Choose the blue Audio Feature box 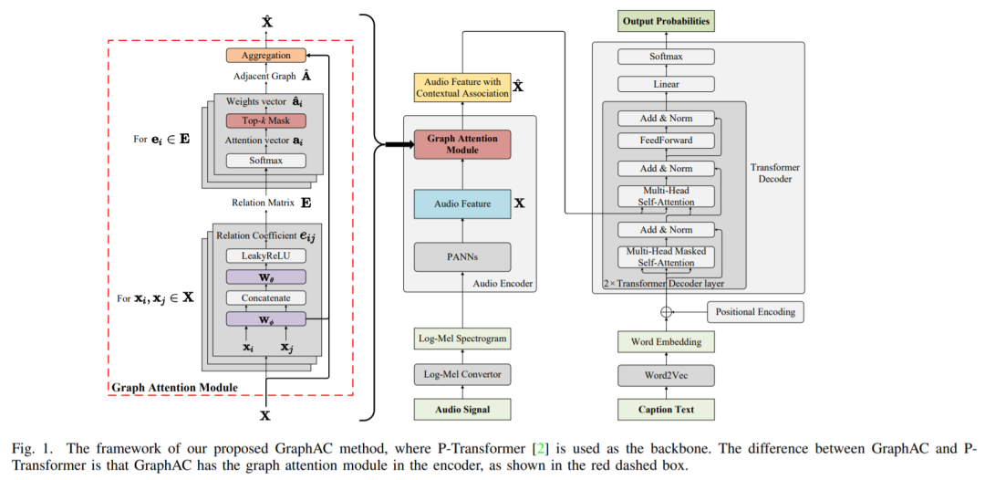click(460, 204)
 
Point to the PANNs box click(460, 256)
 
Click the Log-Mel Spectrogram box click(460, 339)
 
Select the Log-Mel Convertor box click(460, 374)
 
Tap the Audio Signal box click(460, 410)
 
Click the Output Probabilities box click(666, 21)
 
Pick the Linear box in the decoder click(666, 85)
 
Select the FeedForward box click(666, 140)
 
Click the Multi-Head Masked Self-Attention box click(666, 256)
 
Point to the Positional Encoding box click(754, 311)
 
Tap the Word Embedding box click(666, 342)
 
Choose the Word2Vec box click(666, 375)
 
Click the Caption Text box click(666, 410)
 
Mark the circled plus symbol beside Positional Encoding click(666, 311)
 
